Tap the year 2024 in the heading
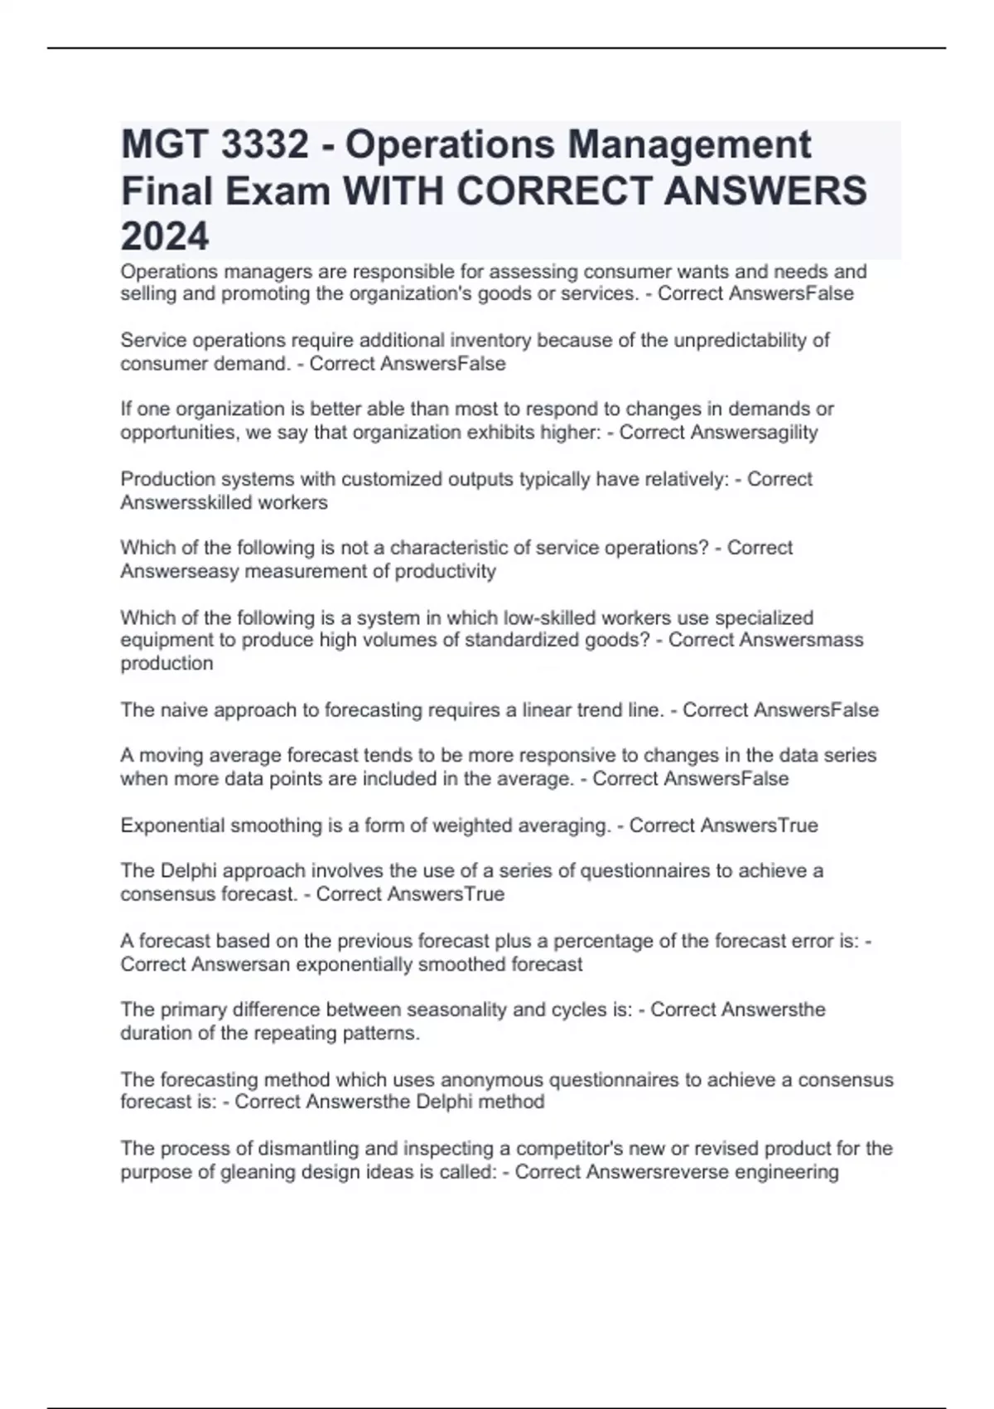(x=165, y=237)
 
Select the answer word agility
(x=788, y=432)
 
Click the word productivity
(x=445, y=571)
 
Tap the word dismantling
(x=309, y=1148)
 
